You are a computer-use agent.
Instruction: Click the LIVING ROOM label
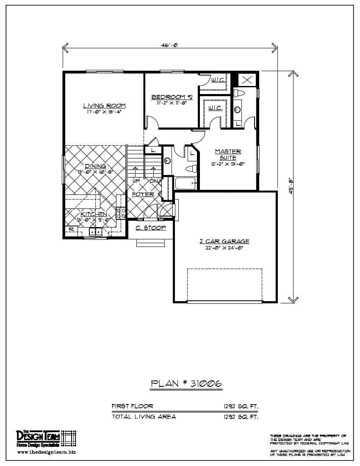tap(104, 106)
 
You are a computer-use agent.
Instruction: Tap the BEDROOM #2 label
tap(172, 97)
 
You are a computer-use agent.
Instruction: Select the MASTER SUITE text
tap(228, 154)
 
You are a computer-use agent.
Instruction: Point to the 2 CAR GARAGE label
tap(224, 241)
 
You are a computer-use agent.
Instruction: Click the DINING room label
tap(95, 166)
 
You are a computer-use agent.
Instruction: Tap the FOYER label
tap(143, 194)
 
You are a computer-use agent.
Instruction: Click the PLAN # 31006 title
tap(186, 384)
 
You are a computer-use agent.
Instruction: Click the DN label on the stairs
tap(153, 181)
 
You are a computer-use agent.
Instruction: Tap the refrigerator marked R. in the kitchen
tap(71, 230)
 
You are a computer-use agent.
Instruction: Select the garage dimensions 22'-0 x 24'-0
tap(224, 248)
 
